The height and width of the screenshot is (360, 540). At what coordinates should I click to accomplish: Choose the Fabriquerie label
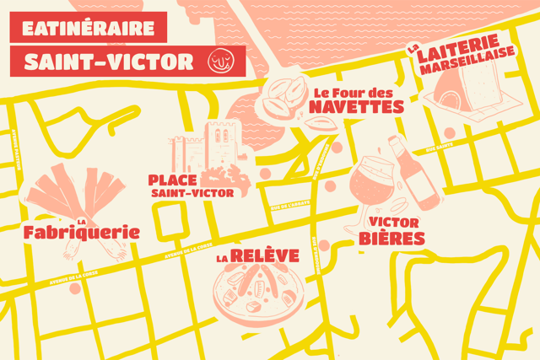tap(82, 230)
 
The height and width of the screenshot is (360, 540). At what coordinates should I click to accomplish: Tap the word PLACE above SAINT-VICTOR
tap(172, 180)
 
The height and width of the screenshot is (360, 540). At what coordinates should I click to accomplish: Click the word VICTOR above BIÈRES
tap(394, 222)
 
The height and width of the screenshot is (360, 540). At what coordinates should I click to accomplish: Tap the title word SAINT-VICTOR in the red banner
tap(110, 62)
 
